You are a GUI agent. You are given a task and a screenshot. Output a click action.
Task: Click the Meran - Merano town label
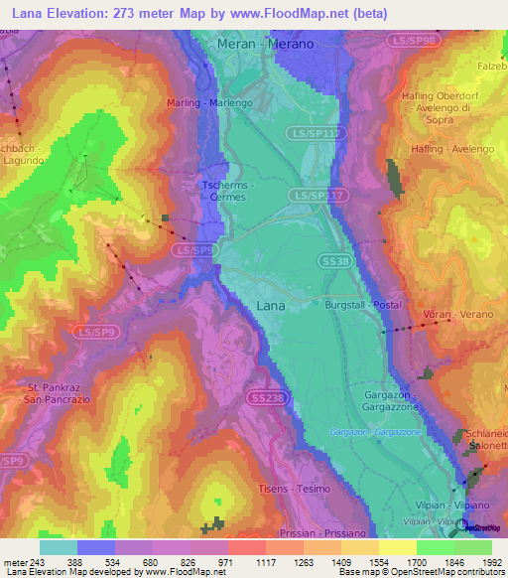[x=266, y=45]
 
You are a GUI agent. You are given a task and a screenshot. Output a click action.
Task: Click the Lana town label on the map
[x=270, y=306]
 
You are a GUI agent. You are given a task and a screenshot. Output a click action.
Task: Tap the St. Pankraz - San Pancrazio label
[x=47, y=392]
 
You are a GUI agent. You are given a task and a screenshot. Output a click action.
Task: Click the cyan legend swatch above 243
[x=58, y=547]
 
